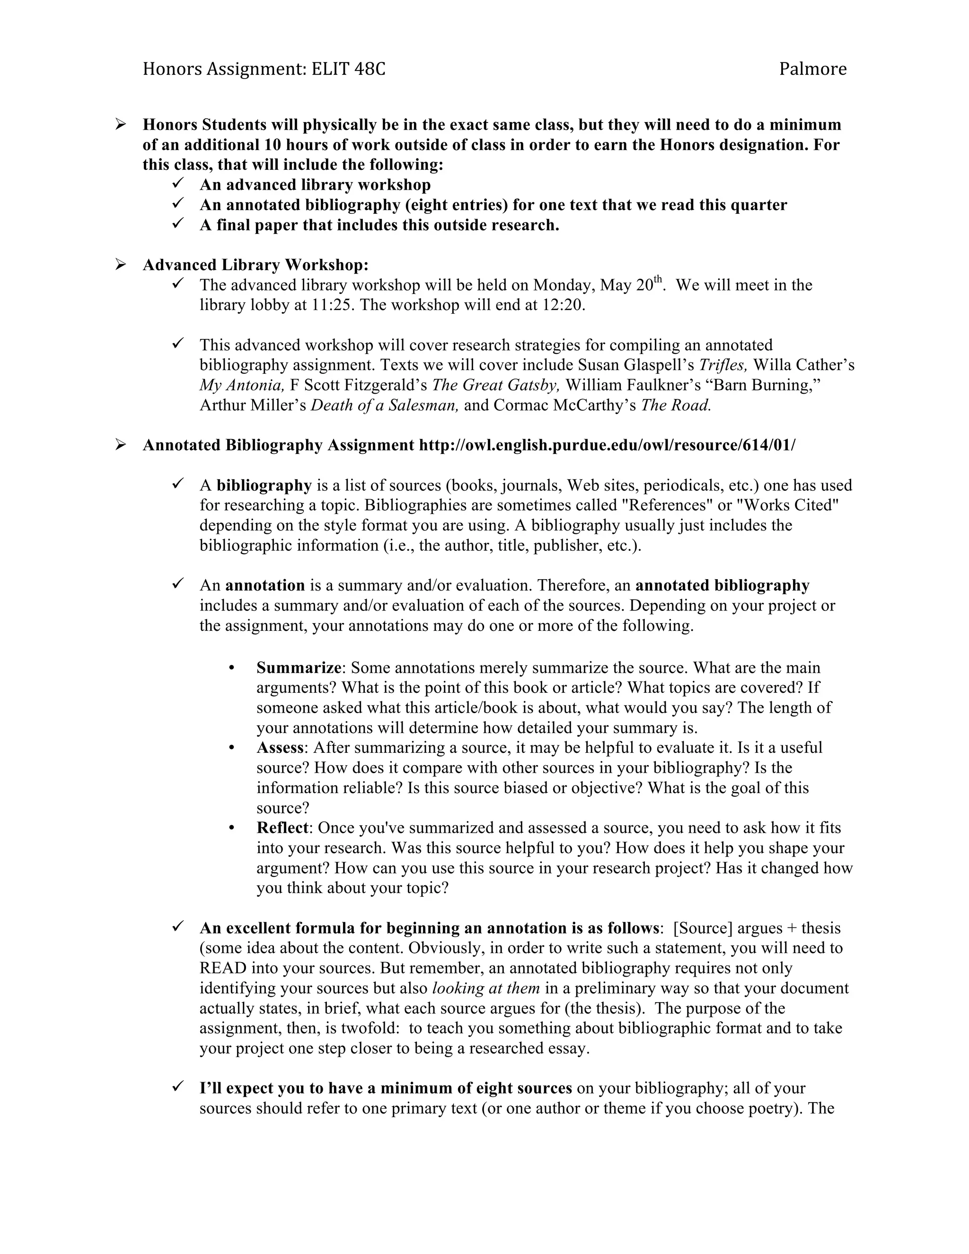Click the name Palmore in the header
pos(812,69)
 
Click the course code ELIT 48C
pos(348,69)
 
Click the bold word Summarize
pos(299,668)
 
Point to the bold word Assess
pos(280,748)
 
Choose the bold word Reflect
pos(282,828)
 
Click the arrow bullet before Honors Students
pos(121,124)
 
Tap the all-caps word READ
pos(223,968)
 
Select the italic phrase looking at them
pos(485,988)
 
